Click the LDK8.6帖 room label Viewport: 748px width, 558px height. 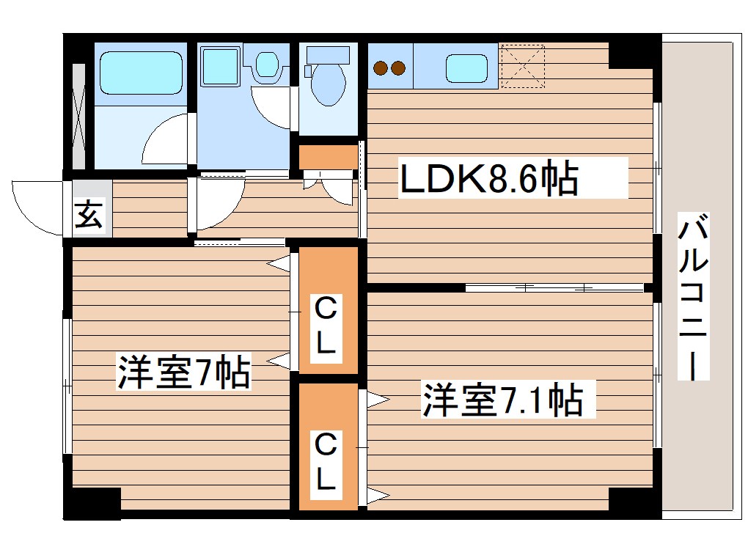[488, 178]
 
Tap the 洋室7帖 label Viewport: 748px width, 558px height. [184, 372]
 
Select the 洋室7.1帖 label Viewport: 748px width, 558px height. [502, 400]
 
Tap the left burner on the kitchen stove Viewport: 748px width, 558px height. [381, 69]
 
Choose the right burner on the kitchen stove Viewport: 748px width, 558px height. [398, 69]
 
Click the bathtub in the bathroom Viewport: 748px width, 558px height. [140, 71]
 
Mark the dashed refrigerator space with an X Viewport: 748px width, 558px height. [523, 66]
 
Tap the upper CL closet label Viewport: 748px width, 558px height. [326, 326]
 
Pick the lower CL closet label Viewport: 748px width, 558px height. [326, 462]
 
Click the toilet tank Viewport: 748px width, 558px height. [329, 54]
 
